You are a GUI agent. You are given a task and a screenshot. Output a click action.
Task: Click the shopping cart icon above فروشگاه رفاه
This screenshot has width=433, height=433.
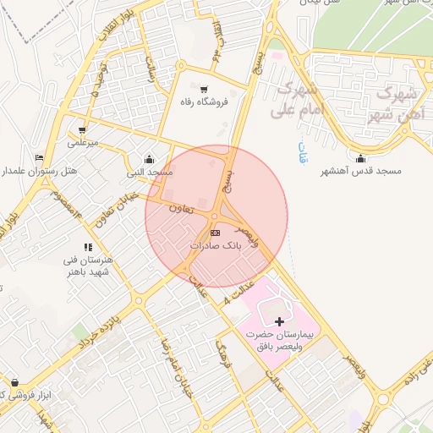coord(203,89)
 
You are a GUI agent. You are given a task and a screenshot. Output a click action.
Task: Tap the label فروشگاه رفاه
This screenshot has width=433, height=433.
coord(204,102)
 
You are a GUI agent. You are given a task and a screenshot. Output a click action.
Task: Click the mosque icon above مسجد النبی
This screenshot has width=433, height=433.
coord(150,158)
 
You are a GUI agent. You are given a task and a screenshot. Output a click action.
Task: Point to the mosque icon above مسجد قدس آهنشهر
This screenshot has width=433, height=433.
coord(361,158)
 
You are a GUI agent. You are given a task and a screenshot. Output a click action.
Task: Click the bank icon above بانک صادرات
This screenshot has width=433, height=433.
coord(215,232)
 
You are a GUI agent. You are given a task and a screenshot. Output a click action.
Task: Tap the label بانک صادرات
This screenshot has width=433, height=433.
coord(216,245)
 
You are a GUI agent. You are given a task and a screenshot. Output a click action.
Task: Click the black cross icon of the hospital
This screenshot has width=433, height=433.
coord(280,321)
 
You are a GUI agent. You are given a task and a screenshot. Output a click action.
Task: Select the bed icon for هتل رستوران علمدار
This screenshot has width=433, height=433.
coord(39,158)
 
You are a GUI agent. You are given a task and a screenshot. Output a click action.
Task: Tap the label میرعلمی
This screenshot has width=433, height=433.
coord(83,143)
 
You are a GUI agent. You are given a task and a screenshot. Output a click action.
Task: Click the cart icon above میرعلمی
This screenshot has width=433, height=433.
coord(82,130)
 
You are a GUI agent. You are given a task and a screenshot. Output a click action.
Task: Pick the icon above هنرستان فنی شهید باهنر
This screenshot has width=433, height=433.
coord(88,247)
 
